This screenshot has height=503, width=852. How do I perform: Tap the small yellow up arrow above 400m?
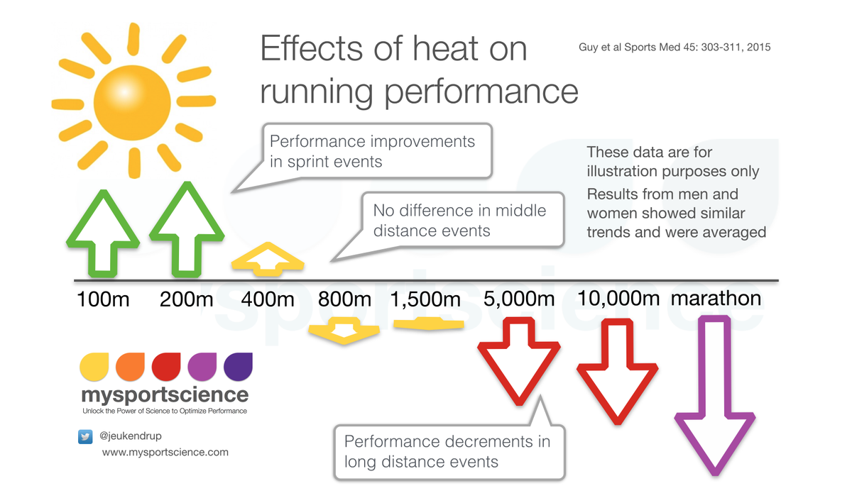point(268,259)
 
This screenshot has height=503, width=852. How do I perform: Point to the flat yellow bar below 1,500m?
point(428,324)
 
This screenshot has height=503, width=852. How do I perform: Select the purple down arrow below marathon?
point(714,397)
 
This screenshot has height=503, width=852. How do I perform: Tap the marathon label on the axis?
point(716,298)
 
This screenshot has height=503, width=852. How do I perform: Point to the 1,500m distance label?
point(426,299)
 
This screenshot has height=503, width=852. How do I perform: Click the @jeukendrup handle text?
point(131,436)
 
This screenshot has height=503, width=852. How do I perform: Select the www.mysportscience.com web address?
point(165,452)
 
